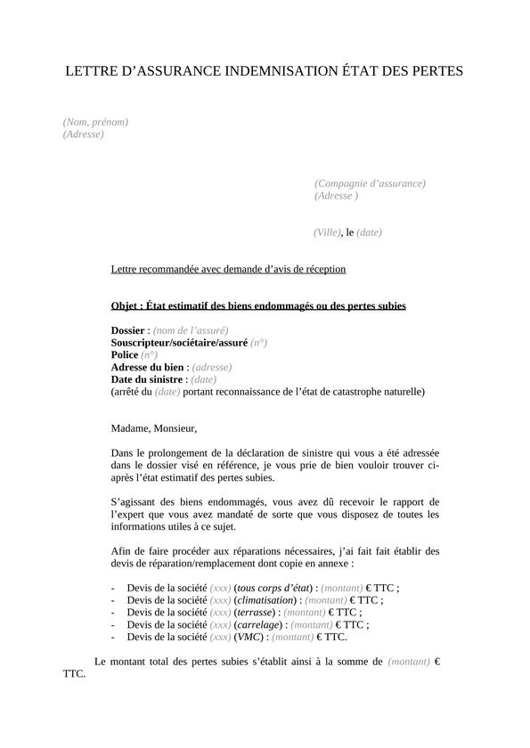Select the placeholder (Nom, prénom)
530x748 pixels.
click(95, 122)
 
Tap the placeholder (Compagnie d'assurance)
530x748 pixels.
click(370, 183)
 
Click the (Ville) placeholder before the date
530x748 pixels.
click(327, 232)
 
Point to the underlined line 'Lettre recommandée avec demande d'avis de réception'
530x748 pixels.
click(228, 269)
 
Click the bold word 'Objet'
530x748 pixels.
click(126, 306)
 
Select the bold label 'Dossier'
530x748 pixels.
click(127, 330)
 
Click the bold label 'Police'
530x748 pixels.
click(125, 354)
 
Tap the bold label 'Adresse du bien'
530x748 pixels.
click(147, 367)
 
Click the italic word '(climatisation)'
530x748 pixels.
click(265, 601)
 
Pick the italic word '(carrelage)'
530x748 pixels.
click(257, 625)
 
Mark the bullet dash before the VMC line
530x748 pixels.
click(113, 638)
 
